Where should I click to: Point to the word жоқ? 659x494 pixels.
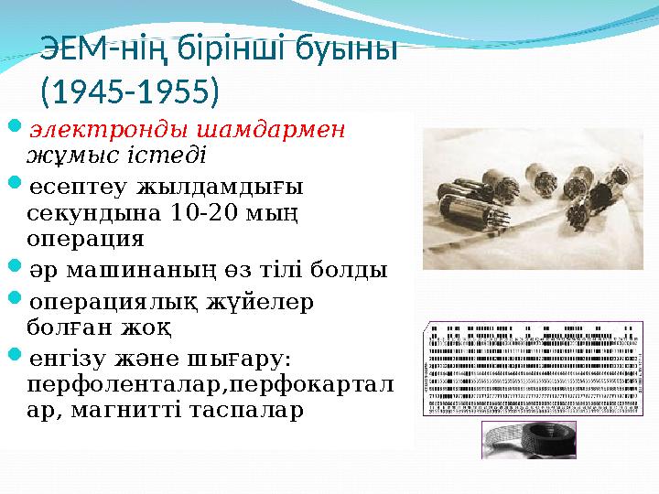point(151,326)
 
